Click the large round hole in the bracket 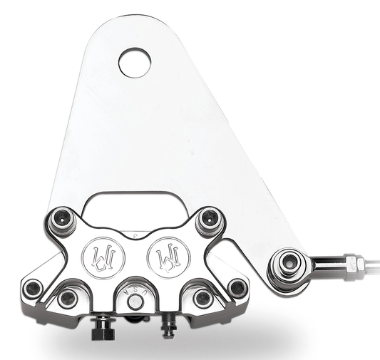pos(135,62)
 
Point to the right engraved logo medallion pos(162,254)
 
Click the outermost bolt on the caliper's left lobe pos(32,288)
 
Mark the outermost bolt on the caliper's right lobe pos(237,287)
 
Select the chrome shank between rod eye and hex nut pos(324,265)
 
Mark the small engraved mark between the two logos pos(132,235)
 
